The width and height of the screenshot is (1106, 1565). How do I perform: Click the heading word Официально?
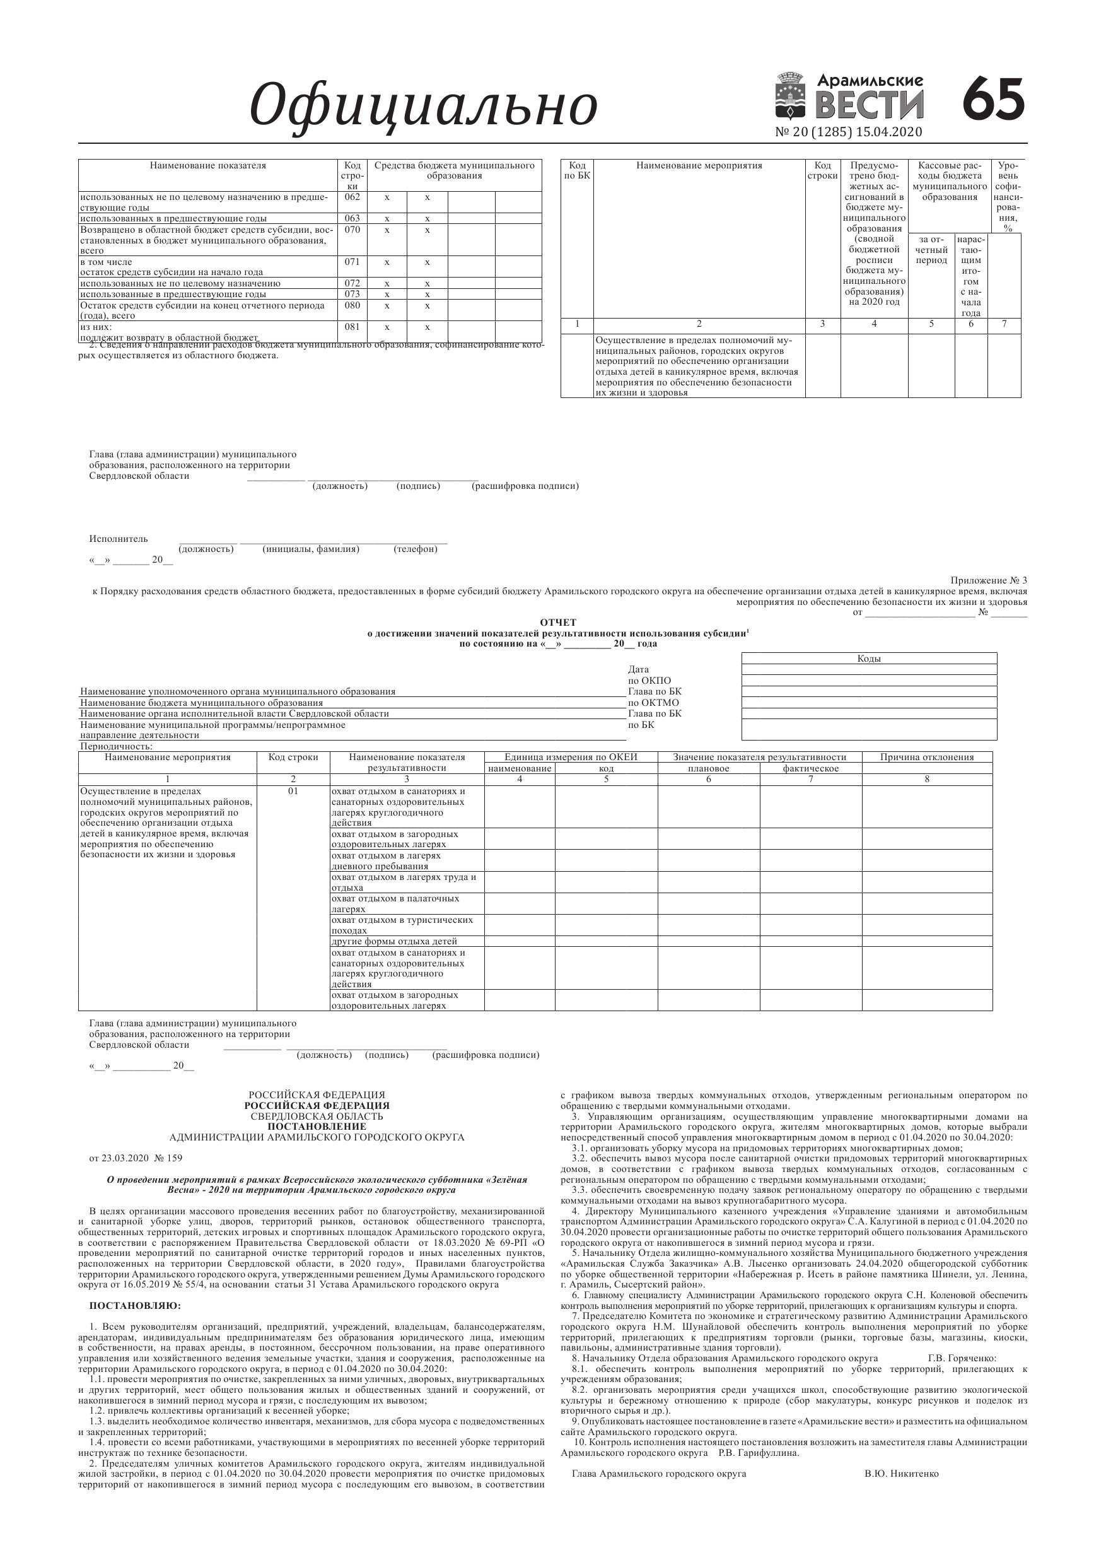423,105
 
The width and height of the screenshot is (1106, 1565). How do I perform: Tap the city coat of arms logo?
791,96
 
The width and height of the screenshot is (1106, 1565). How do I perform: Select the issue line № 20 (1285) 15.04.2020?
848,132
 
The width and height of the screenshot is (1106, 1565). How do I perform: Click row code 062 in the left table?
352,197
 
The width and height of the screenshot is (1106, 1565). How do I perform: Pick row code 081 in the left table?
352,327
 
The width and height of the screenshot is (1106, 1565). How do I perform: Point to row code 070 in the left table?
352,230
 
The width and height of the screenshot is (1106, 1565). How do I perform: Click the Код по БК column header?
576,170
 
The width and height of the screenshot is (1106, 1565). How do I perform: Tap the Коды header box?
868,659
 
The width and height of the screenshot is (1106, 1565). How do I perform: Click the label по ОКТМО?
653,703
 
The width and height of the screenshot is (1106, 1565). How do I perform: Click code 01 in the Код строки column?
293,792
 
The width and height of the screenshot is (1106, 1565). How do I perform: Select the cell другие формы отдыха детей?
394,941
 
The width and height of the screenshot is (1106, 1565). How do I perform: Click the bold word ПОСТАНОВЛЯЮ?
136,1306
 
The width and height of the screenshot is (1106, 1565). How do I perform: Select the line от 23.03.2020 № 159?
136,1158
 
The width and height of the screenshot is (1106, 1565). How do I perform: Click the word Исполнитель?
119,539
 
